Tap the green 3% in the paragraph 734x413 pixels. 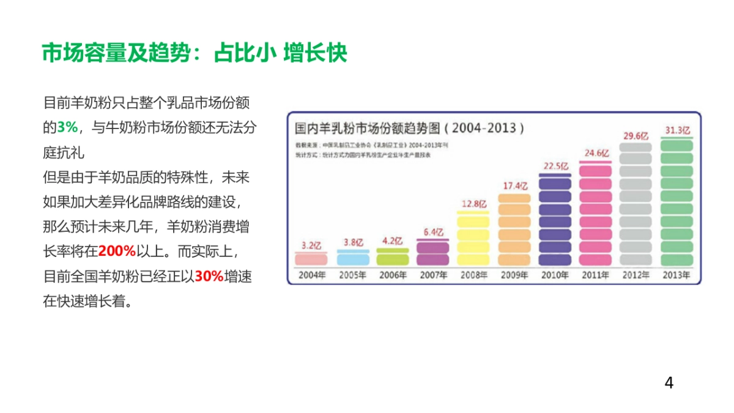coord(68,127)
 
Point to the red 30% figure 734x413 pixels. coord(209,276)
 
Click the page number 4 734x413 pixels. coord(669,383)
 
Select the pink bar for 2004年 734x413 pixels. coord(311,258)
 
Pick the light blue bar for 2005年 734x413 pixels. coord(353,257)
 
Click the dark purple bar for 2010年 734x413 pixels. coord(555,220)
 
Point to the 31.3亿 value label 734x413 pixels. coord(677,130)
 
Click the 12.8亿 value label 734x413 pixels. coord(474,203)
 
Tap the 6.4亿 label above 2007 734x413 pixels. coord(433,232)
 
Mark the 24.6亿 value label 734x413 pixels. coord(596,153)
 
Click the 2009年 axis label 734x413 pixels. coord(514,275)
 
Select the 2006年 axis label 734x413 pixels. coord(393,275)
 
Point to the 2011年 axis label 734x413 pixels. coord(595,275)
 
